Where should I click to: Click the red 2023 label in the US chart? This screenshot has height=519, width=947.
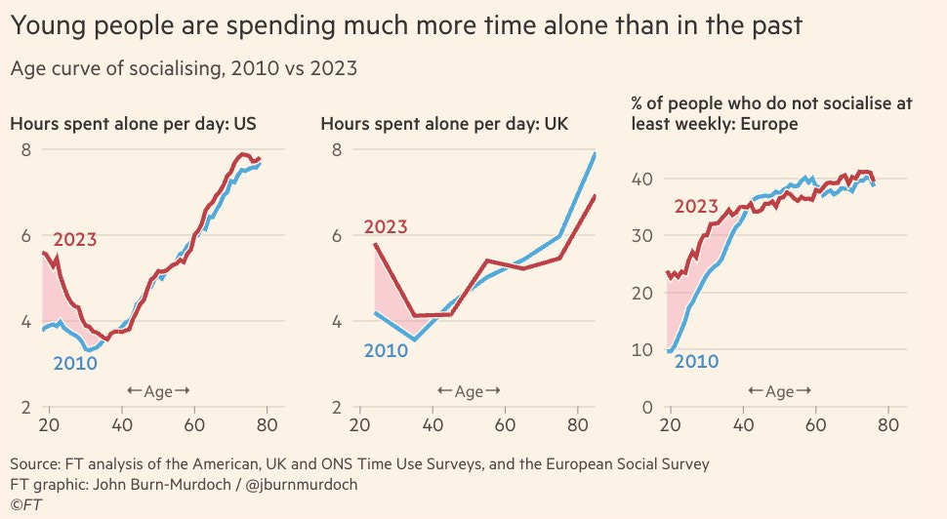pos(75,239)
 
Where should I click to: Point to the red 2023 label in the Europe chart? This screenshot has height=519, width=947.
pos(695,206)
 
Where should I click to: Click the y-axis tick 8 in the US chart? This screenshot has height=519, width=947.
pos(26,149)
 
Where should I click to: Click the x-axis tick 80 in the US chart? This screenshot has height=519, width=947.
pos(268,424)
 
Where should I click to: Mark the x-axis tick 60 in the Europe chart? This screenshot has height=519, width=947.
pos(814,424)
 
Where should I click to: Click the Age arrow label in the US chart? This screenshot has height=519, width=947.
pos(158,391)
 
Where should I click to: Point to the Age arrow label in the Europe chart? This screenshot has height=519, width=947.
pos(779,391)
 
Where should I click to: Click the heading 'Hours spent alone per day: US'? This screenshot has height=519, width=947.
pos(140,124)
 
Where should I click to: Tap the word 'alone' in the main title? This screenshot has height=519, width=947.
pos(559,26)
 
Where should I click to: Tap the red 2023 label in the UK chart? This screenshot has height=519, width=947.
pos(387,227)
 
